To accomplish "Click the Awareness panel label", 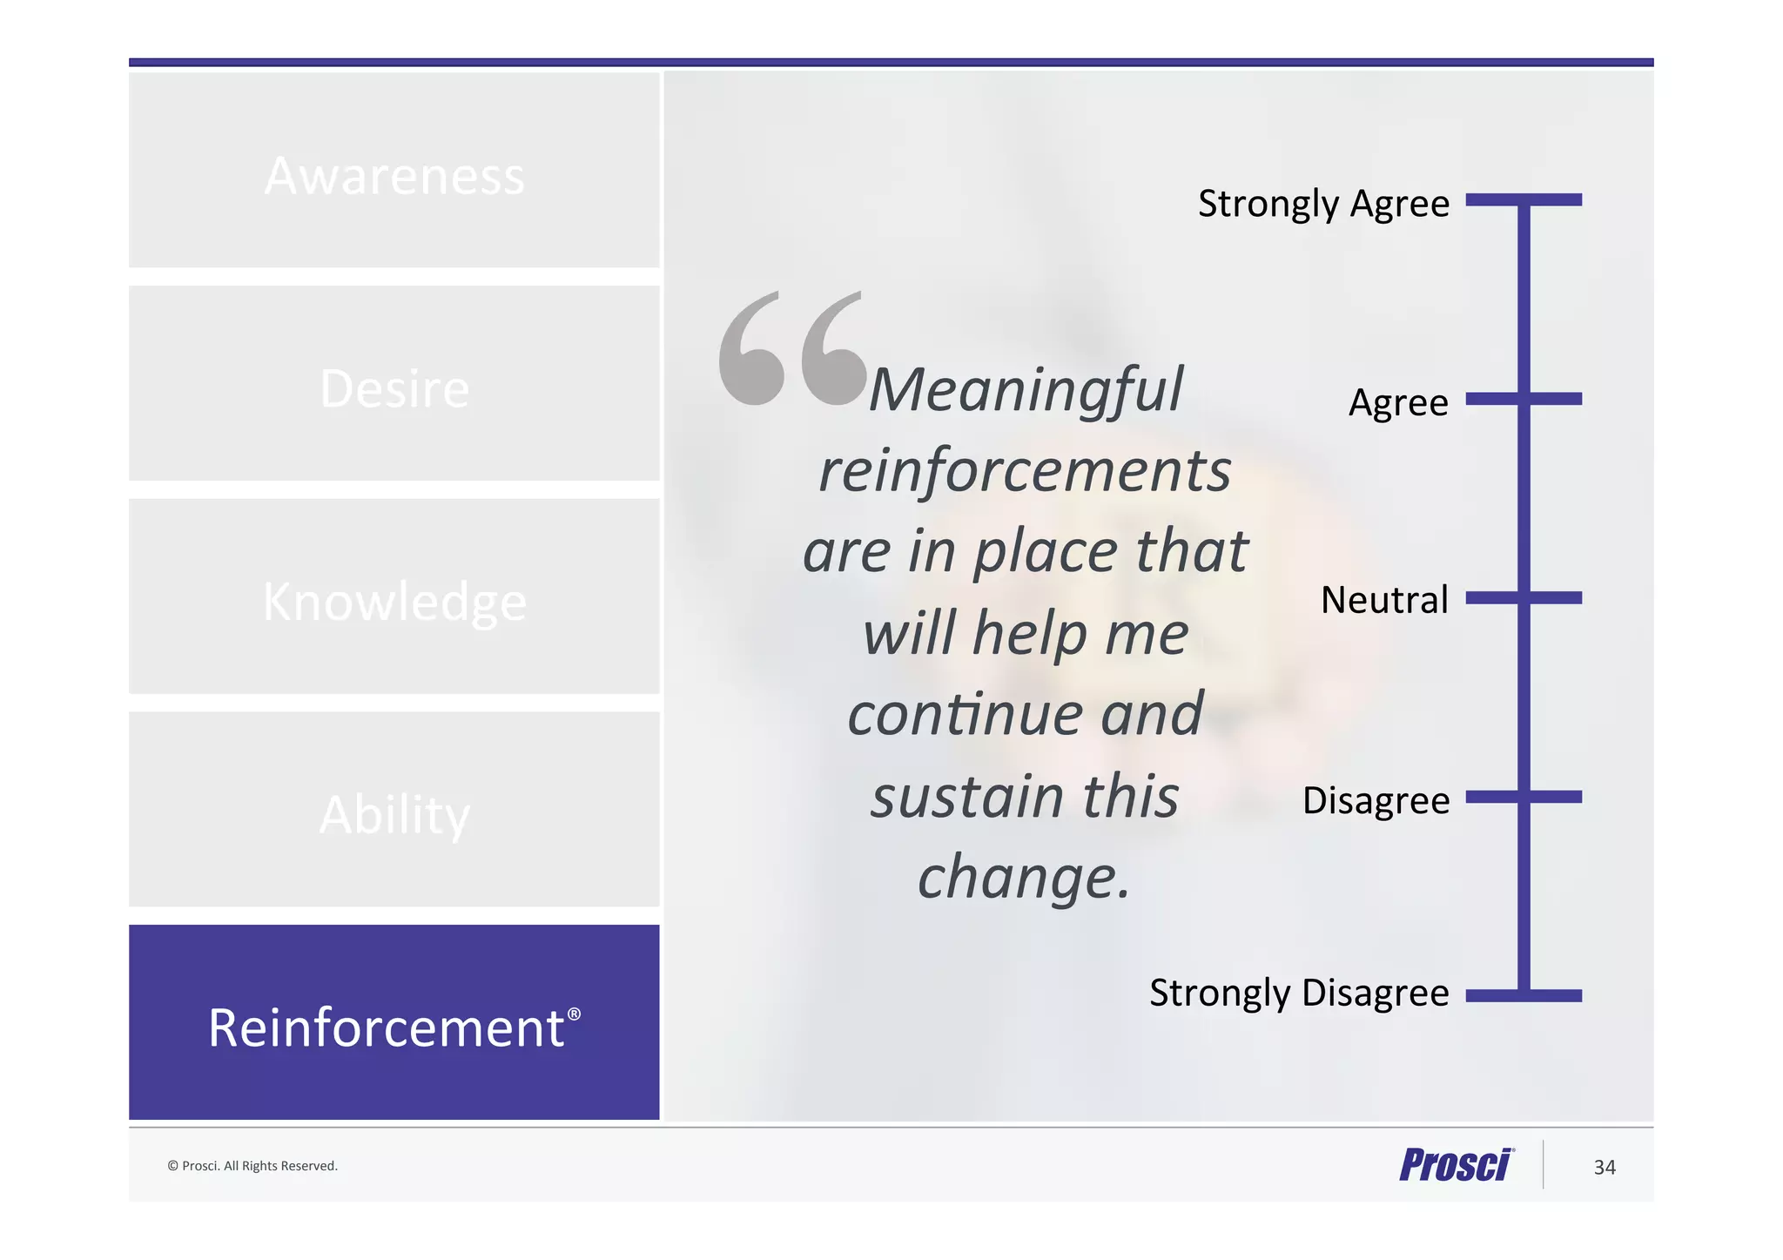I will click(394, 176).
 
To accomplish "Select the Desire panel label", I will click(394, 388).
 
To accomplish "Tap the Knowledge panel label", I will click(394, 602).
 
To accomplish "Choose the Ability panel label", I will click(394, 815).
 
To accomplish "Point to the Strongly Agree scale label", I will click(1323, 205).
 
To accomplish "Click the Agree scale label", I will click(1398, 403).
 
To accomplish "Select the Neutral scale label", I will click(1384, 600).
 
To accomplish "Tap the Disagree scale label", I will click(1376, 800).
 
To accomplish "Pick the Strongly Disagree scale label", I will click(1299, 993).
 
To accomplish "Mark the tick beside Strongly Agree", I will click(1524, 200).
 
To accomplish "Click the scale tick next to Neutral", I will click(1524, 598).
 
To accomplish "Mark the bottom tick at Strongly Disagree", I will click(1524, 995).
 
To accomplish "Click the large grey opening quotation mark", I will click(791, 348).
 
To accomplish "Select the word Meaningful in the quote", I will click(1026, 389).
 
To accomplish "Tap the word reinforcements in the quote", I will click(1025, 470).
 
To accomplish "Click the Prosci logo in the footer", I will click(1457, 1165).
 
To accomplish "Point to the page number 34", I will click(1605, 1168).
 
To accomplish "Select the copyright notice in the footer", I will click(252, 1166).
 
